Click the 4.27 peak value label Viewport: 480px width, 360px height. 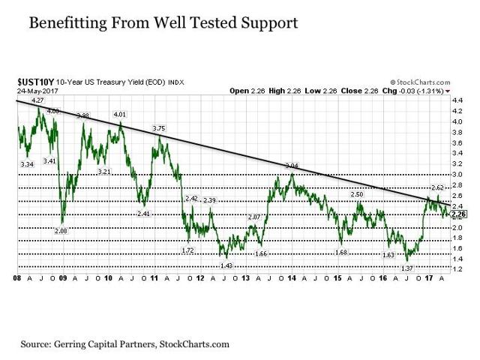(x=37, y=100)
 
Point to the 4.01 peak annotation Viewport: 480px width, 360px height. (x=119, y=114)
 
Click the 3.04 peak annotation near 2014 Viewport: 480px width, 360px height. (x=291, y=165)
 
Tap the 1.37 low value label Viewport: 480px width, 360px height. (x=408, y=268)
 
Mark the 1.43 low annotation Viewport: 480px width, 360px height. (x=226, y=265)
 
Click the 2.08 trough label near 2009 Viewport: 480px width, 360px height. (x=61, y=231)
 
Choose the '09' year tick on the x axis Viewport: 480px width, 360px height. (x=64, y=277)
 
